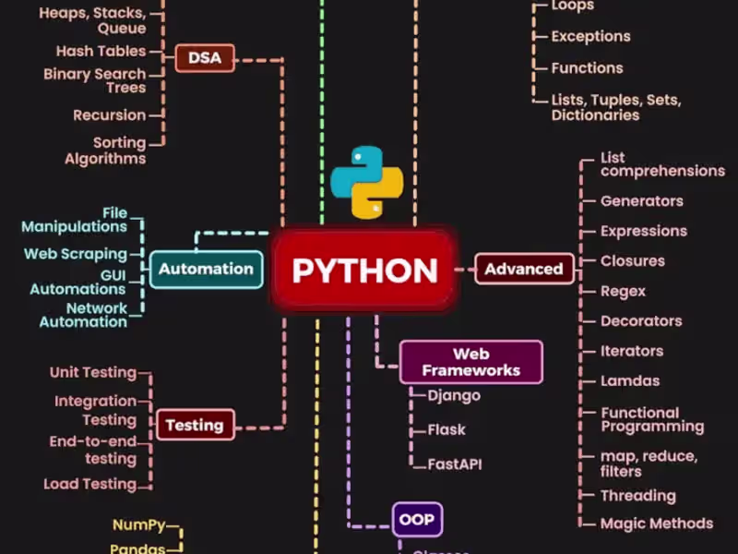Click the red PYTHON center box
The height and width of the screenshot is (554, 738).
(364, 270)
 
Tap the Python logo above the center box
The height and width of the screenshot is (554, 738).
(369, 181)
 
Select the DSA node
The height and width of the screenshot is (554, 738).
(205, 58)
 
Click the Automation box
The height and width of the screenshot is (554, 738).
(206, 269)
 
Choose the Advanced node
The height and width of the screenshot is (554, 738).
(523, 269)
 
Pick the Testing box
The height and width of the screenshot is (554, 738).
(194, 425)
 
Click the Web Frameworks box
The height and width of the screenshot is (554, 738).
(470, 362)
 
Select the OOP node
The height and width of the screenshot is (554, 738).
(417, 519)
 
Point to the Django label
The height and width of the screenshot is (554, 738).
(454, 395)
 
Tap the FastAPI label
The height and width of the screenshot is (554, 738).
(454, 464)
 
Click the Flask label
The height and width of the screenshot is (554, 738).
(446, 429)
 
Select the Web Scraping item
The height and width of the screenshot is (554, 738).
(76, 253)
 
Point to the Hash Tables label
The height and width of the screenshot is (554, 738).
(101, 52)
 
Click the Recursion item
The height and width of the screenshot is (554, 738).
(110, 115)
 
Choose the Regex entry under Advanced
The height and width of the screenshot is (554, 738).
(623, 291)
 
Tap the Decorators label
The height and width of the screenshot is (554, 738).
(641, 321)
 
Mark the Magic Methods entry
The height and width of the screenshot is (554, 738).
(657, 524)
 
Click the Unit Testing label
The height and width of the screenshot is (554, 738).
(92, 372)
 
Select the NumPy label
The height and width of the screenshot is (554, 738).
(139, 524)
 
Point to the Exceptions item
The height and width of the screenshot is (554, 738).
(590, 37)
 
